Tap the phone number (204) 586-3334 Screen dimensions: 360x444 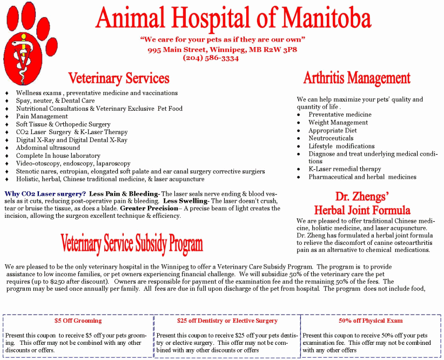pos(211,58)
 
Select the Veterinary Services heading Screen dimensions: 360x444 pos(119,78)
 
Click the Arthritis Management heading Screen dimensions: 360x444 pos(356,78)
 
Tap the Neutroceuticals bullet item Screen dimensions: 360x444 pos(331,138)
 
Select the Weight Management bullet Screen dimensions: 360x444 pos(338,123)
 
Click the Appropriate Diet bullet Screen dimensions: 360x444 pos(332,130)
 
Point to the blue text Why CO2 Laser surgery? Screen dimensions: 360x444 pos(45,194)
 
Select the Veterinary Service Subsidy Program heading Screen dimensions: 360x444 pos(131,243)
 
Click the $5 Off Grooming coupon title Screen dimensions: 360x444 pos(78,321)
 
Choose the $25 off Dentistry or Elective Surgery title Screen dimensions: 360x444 pos(227,321)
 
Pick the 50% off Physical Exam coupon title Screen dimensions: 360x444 pos(371,321)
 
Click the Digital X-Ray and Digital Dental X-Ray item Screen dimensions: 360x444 pos(71,140)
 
